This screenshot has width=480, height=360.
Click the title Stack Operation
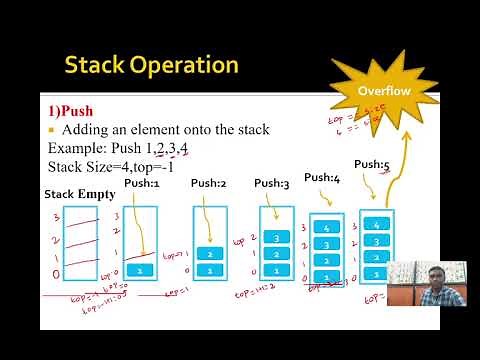151,66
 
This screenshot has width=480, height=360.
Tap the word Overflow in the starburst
383,91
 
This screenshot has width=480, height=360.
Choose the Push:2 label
209,183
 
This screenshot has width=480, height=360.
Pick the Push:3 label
271,183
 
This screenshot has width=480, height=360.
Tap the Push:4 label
322,177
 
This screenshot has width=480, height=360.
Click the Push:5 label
371,164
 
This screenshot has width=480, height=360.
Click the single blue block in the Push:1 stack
141,270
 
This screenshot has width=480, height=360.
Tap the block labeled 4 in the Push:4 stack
326,228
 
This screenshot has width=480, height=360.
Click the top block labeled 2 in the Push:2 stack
209,254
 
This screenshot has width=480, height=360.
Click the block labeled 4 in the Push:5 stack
376,224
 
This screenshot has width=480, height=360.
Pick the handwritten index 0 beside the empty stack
53,273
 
